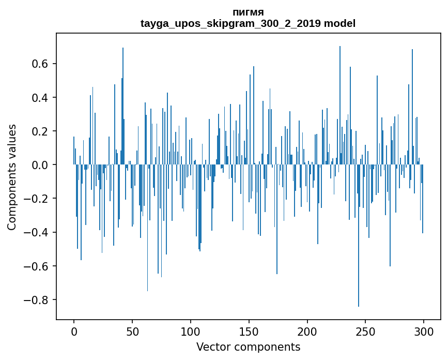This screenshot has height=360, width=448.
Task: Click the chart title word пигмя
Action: tap(248, 12)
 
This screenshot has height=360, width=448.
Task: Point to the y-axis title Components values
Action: tap(12, 177)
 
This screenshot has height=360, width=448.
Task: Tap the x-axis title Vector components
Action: tap(248, 347)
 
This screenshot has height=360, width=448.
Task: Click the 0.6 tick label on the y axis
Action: tap(38, 64)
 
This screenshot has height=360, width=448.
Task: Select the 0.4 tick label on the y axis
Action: tap(38, 98)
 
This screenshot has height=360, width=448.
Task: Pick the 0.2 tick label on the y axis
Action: tap(38, 131)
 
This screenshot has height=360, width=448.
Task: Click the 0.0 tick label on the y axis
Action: tap(38, 165)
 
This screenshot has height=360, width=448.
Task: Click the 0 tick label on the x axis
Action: tap(74, 332)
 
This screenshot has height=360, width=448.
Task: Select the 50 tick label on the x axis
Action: tap(132, 332)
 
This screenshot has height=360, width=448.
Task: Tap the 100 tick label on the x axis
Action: tap(191, 332)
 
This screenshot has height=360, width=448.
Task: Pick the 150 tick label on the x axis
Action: tap(249, 332)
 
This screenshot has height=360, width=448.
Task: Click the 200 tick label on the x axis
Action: tap(307, 332)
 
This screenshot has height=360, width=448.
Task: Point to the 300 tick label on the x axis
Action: tap(424, 332)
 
